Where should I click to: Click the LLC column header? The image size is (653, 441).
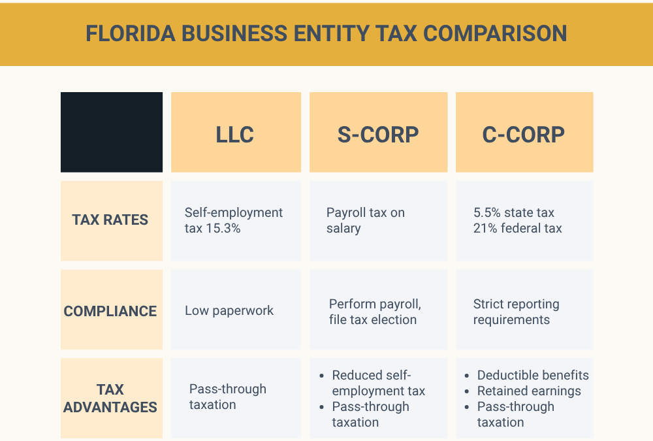(x=235, y=135)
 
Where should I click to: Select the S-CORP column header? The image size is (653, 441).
(x=378, y=135)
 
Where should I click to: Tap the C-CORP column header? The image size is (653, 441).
(x=524, y=135)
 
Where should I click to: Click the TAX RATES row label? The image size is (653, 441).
(x=110, y=220)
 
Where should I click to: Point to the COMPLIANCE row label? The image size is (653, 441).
(x=110, y=311)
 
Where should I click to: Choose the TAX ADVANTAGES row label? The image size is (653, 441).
(x=110, y=399)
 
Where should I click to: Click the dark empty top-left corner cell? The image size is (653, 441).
(x=112, y=132)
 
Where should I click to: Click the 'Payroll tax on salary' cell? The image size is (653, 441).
(x=365, y=221)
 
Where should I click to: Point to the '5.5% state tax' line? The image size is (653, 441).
(x=514, y=213)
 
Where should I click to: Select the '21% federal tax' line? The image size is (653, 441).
(x=518, y=229)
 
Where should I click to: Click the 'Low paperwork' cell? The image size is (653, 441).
(x=229, y=311)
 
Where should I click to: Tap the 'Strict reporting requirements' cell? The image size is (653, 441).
(x=516, y=312)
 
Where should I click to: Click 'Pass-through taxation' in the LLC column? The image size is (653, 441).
(x=227, y=397)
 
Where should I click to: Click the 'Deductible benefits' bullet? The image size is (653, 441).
(x=533, y=376)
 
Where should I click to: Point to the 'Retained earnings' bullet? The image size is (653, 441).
(x=529, y=391)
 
